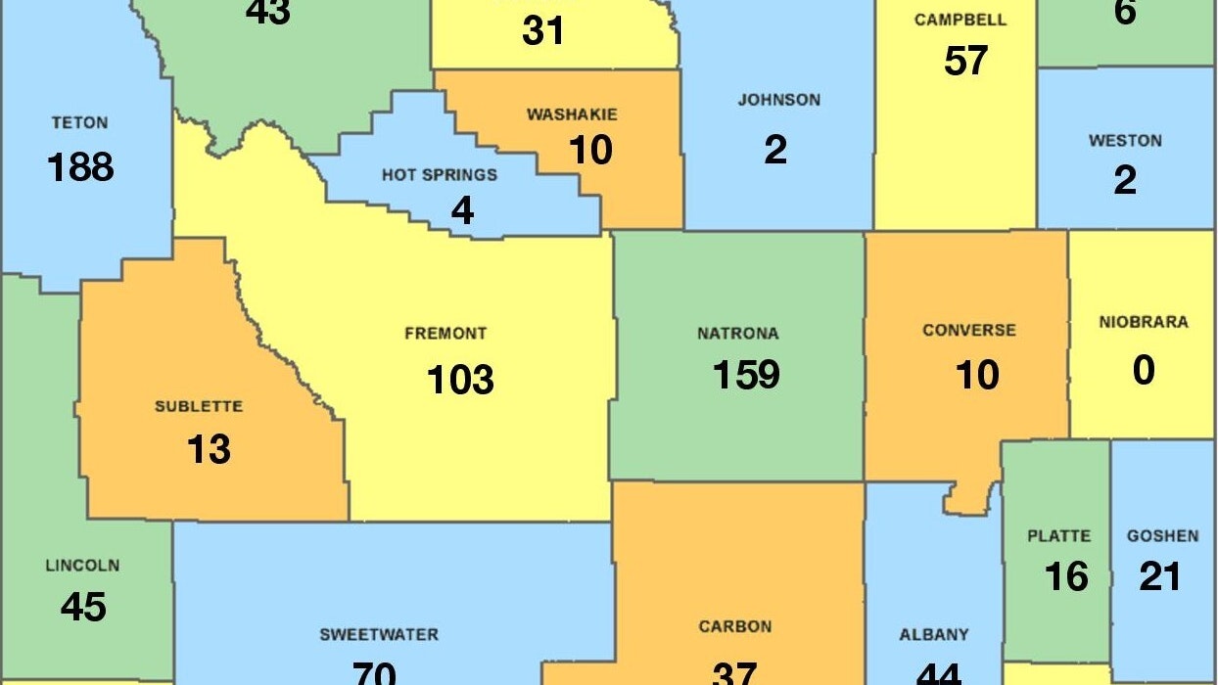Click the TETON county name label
[80, 123]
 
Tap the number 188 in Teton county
[80, 167]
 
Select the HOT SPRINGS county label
[440, 175]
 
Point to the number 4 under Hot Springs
[461, 211]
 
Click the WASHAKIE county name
[572, 114]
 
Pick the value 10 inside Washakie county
[590, 151]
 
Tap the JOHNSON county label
[779, 100]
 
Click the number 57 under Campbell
[965, 62]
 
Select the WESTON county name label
[1125, 141]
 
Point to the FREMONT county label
[445, 334]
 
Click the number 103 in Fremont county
[460, 379]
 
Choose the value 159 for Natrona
[746, 375]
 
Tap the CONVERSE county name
[969, 331]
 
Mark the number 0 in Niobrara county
[1143, 371]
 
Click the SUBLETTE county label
[199, 406]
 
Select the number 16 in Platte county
[1065, 577]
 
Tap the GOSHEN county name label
[1162, 536]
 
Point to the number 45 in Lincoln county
[83, 608]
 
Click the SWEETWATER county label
[379, 635]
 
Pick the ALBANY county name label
[934, 635]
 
